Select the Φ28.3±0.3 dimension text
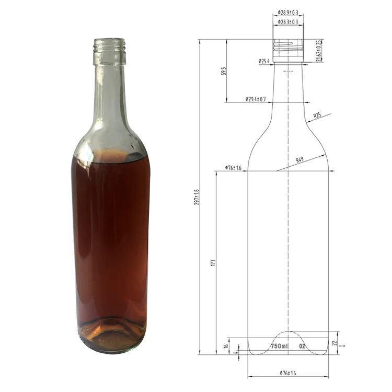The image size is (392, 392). (x=288, y=22)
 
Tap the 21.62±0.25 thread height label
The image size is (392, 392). (x=319, y=50)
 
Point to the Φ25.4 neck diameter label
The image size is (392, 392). (x=264, y=62)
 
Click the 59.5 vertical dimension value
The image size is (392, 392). (x=223, y=71)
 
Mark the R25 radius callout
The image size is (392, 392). (x=317, y=115)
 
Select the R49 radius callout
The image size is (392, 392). (x=299, y=160)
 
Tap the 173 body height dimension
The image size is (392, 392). (x=213, y=262)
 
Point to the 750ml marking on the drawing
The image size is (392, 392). (x=279, y=347)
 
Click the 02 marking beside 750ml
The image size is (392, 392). (x=302, y=347)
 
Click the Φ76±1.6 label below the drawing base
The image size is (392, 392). (x=288, y=373)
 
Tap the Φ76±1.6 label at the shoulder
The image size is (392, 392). (x=233, y=168)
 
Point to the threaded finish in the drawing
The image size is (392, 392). (x=288, y=50)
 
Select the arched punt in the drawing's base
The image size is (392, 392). (x=288, y=337)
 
